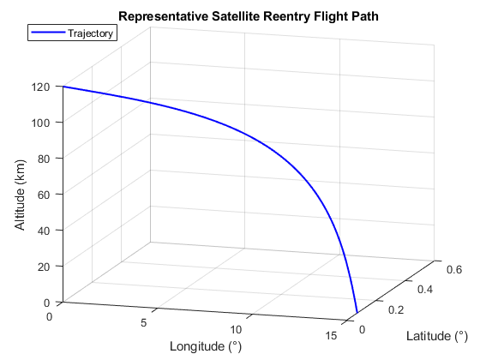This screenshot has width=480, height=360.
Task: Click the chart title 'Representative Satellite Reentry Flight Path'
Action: click(x=248, y=16)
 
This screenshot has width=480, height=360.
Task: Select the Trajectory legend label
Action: click(x=92, y=33)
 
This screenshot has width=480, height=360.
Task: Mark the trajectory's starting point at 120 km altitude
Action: click(x=63, y=87)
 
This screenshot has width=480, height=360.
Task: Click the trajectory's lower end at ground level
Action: click(x=357, y=313)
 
